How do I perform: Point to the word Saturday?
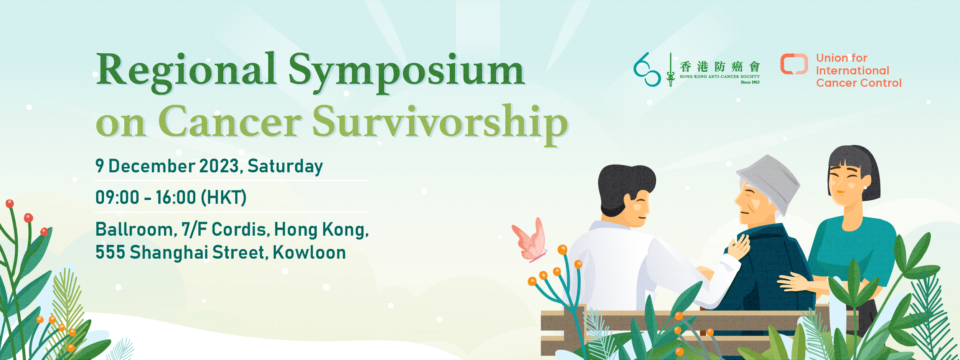(285, 167)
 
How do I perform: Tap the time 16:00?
(176, 198)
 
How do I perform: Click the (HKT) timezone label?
(224, 198)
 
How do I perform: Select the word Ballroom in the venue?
(136, 230)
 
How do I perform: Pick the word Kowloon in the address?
(309, 253)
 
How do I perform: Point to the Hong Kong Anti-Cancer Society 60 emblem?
(647, 69)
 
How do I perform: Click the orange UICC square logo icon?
(794, 64)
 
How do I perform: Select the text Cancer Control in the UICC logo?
(859, 83)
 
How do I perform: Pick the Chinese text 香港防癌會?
(719, 67)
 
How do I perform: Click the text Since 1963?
(750, 82)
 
